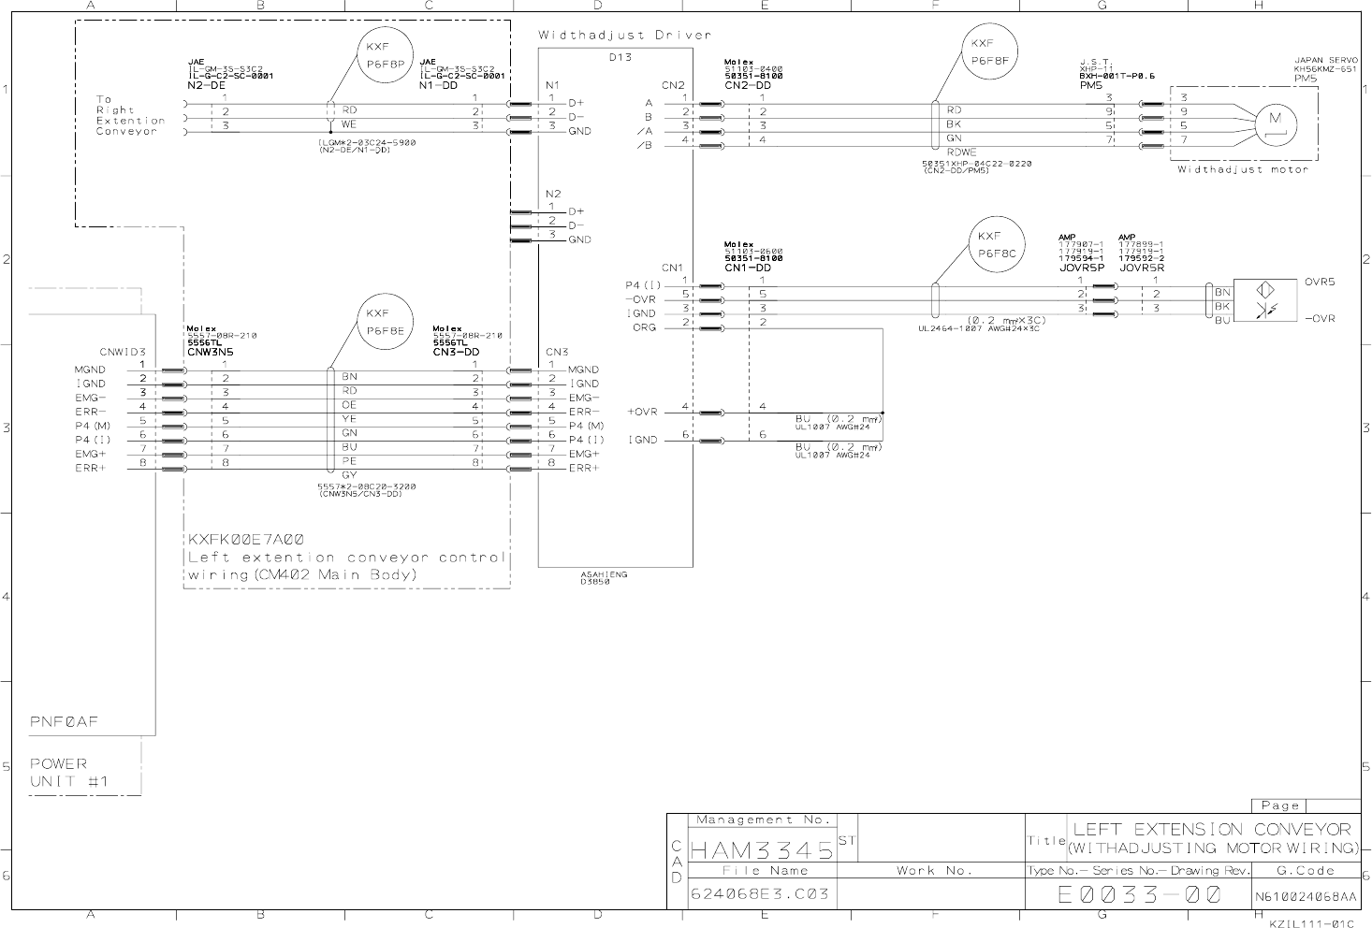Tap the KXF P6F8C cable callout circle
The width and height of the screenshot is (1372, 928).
point(996,244)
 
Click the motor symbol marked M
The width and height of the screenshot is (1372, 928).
point(1273,119)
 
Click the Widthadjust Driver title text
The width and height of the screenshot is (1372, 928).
point(624,36)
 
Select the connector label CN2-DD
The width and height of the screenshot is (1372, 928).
point(747,85)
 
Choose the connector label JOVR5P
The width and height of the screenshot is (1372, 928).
point(1083,267)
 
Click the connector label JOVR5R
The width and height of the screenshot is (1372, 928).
point(1142,267)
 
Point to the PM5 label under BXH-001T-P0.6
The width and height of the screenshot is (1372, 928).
point(1090,85)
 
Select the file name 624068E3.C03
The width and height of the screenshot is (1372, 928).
point(759,893)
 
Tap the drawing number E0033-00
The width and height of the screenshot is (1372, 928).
point(1139,894)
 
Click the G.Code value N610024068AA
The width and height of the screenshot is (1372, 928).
point(1306,896)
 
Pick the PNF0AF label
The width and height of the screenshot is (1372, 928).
point(64,722)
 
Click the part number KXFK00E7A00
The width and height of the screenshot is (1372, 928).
point(246,540)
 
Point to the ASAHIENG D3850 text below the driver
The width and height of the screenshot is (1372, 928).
point(604,578)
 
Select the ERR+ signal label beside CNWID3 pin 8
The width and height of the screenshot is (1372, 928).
point(91,468)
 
